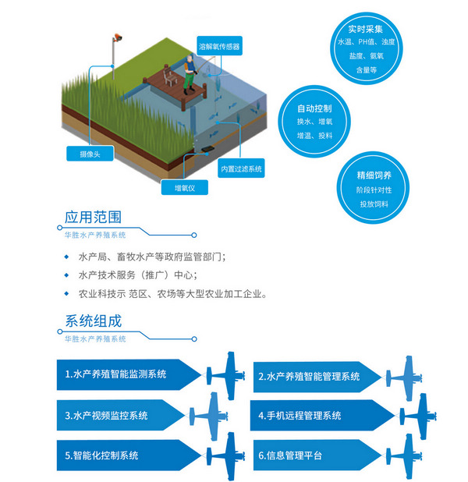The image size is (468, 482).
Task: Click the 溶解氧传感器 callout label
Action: click(218, 47)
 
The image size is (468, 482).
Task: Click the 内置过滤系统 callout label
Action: click(241, 168)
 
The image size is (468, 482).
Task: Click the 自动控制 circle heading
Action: click(314, 108)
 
